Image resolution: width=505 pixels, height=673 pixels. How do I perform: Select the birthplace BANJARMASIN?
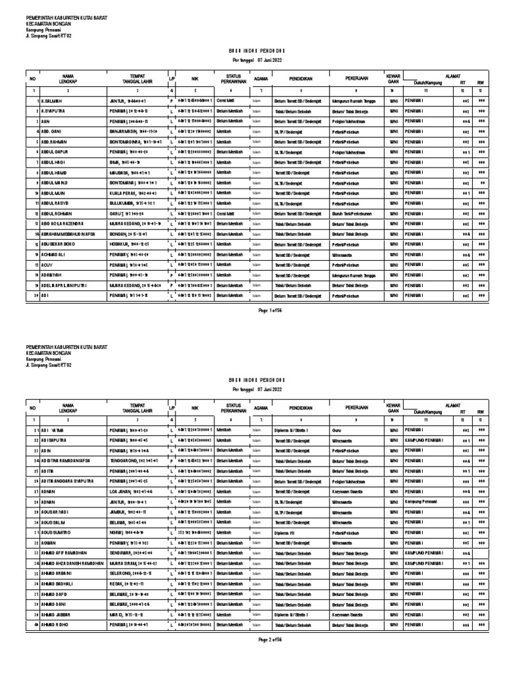126,131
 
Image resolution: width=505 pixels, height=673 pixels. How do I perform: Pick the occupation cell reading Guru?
337,429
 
